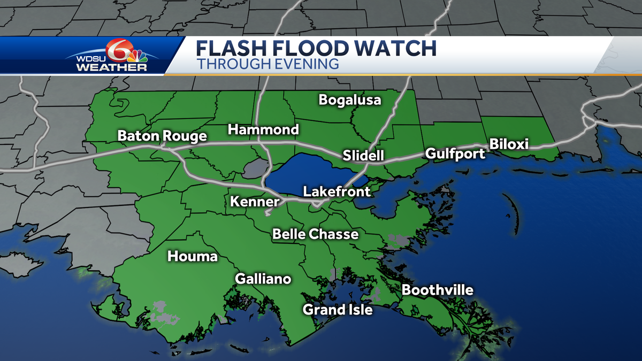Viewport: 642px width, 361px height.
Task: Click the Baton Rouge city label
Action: pos(162,136)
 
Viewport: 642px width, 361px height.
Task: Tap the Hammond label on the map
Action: pos(263,129)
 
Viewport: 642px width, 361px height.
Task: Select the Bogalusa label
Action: pos(350,100)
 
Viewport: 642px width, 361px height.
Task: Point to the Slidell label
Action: pos(363,156)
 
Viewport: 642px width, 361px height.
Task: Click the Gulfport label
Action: pos(455,154)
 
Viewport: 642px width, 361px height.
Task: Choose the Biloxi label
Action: pos(509,144)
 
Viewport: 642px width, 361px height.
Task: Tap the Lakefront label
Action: pos(337,191)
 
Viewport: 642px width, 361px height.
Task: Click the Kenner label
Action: pos(255,202)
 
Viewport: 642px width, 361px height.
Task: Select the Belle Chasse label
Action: pos(315,234)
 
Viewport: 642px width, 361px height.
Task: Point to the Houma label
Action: pos(193,257)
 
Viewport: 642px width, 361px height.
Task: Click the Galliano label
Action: pos(263,279)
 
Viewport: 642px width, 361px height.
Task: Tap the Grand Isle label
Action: pos(337,310)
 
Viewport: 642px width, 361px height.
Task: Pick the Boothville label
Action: pos(438,290)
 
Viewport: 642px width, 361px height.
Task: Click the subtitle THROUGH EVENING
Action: pos(267,64)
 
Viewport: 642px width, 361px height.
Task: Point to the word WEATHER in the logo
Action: pos(111,68)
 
